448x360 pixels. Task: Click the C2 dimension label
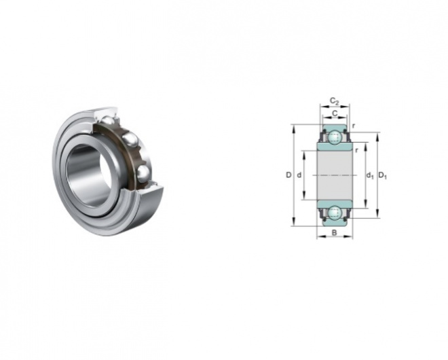[x=334, y=101]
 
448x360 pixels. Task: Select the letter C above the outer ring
[x=335, y=113]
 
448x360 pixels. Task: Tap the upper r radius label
[x=354, y=126]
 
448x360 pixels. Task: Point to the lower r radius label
[x=356, y=150]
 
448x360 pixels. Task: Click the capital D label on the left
[x=289, y=175]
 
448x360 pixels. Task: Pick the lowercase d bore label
[x=299, y=175]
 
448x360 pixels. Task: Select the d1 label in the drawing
[x=370, y=175]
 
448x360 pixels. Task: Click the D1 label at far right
[x=383, y=175]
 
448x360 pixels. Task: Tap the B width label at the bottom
[x=334, y=233]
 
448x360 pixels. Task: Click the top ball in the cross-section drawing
[x=335, y=137]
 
